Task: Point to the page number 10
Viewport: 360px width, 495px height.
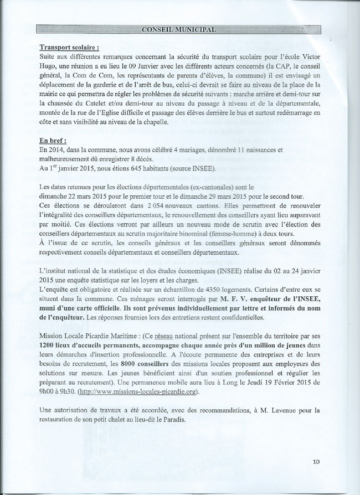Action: point(316,461)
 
